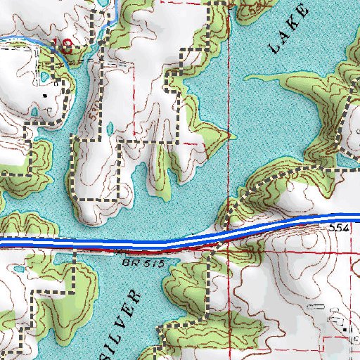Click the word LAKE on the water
[288, 30]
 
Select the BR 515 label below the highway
[147, 262]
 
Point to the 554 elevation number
[337, 230]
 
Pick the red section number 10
[65, 46]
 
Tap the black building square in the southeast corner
[345, 327]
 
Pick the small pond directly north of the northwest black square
[46, 75]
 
